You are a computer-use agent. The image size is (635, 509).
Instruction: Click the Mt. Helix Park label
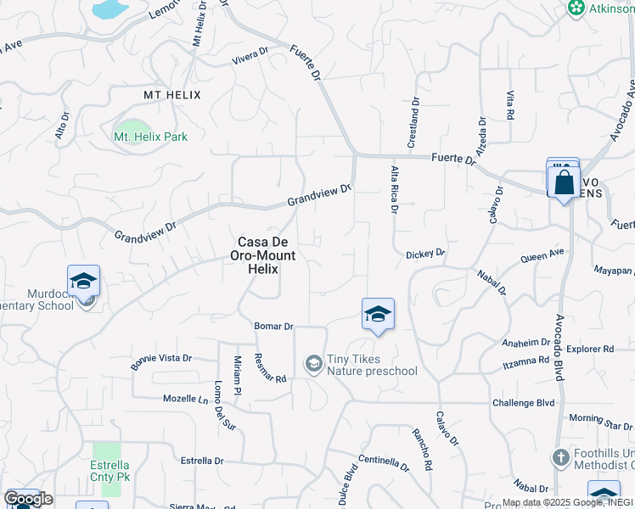coord(150,137)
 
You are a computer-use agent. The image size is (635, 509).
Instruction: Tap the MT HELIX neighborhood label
coord(172,95)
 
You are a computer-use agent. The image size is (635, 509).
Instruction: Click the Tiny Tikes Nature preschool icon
coord(313,364)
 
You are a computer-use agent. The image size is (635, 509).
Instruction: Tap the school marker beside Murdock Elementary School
coord(84,282)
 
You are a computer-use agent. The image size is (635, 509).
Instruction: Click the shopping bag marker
coord(564,182)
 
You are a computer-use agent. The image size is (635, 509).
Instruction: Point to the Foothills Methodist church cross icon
coord(559,459)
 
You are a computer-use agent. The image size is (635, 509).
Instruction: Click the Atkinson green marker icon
coord(576,8)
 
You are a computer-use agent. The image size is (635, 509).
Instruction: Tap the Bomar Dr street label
coord(273,326)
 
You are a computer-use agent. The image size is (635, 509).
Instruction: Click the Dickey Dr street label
coord(425,254)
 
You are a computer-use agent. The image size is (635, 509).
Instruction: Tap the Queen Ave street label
coord(542,255)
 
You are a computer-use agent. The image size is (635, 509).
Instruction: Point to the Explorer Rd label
coord(590,349)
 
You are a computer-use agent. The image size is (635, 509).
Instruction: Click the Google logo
coord(28,499)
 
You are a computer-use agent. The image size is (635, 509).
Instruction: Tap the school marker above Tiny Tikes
coord(378,315)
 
